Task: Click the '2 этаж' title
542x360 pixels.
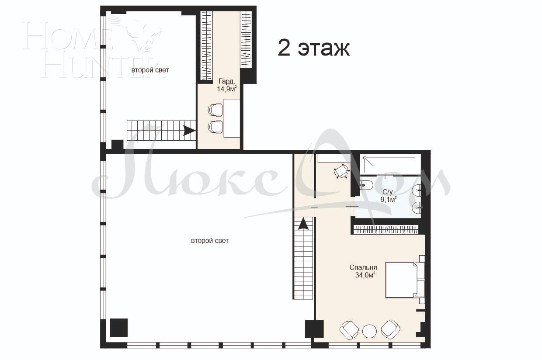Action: (314, 48)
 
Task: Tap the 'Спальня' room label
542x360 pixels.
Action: (363, 267)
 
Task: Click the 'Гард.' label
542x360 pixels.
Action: (227, 81)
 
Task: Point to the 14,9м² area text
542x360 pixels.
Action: (227, 89)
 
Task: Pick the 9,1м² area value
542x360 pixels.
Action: (389, 200)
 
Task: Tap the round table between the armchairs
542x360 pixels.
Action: (369, 330)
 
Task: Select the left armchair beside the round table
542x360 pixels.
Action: (350, 330)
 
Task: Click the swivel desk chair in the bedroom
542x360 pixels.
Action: (342, 171)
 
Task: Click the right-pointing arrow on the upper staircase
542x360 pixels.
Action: (189, 131)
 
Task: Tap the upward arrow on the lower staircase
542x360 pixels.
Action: (303, 224)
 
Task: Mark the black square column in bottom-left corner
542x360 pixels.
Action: (118, 328)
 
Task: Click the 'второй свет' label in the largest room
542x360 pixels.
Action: (210, 241)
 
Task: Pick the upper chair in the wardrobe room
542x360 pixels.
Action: (215, 110)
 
